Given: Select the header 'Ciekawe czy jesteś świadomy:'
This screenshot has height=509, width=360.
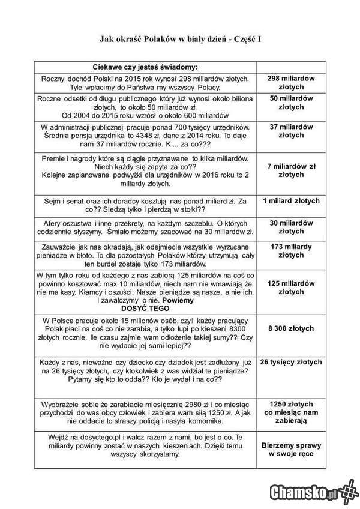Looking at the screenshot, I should [145, 67].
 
